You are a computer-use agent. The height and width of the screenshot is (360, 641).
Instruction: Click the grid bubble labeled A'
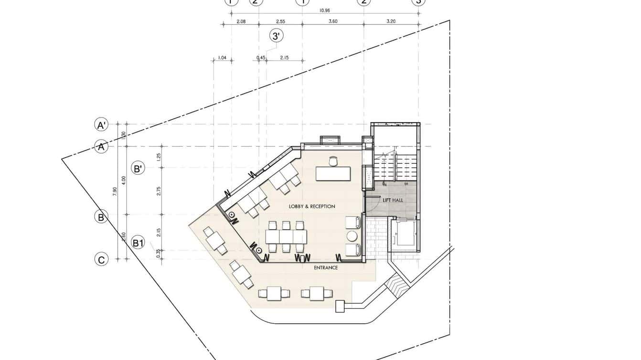tap(101, 125)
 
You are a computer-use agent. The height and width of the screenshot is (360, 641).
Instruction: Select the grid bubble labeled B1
tap(138, 243)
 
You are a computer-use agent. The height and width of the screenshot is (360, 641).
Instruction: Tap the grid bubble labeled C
tap(101, 260)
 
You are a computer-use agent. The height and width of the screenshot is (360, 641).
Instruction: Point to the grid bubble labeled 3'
tap(276, 36)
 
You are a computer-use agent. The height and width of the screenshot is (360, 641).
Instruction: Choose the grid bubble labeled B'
tap(138, 168)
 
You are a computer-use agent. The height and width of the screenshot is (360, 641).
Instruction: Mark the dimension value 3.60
tap(333, 21)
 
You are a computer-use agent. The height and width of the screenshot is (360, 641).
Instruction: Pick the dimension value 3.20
tap(391, 21)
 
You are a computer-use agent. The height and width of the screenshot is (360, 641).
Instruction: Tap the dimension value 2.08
tap(241, 21)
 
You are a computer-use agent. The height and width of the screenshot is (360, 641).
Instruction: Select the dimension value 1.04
tap(222, 58)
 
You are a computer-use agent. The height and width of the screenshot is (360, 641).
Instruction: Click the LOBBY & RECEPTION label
tap(312, 206)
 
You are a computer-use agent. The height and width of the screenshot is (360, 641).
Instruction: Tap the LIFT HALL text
tap(393, 200)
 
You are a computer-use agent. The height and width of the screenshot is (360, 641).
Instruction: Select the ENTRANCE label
tap(326, 268)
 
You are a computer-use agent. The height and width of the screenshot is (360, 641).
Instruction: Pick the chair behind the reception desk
tap(333, 161)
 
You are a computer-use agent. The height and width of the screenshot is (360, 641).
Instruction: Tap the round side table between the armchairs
tap(353, 236)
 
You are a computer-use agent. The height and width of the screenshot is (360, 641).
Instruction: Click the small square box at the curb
tap(340, 306)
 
